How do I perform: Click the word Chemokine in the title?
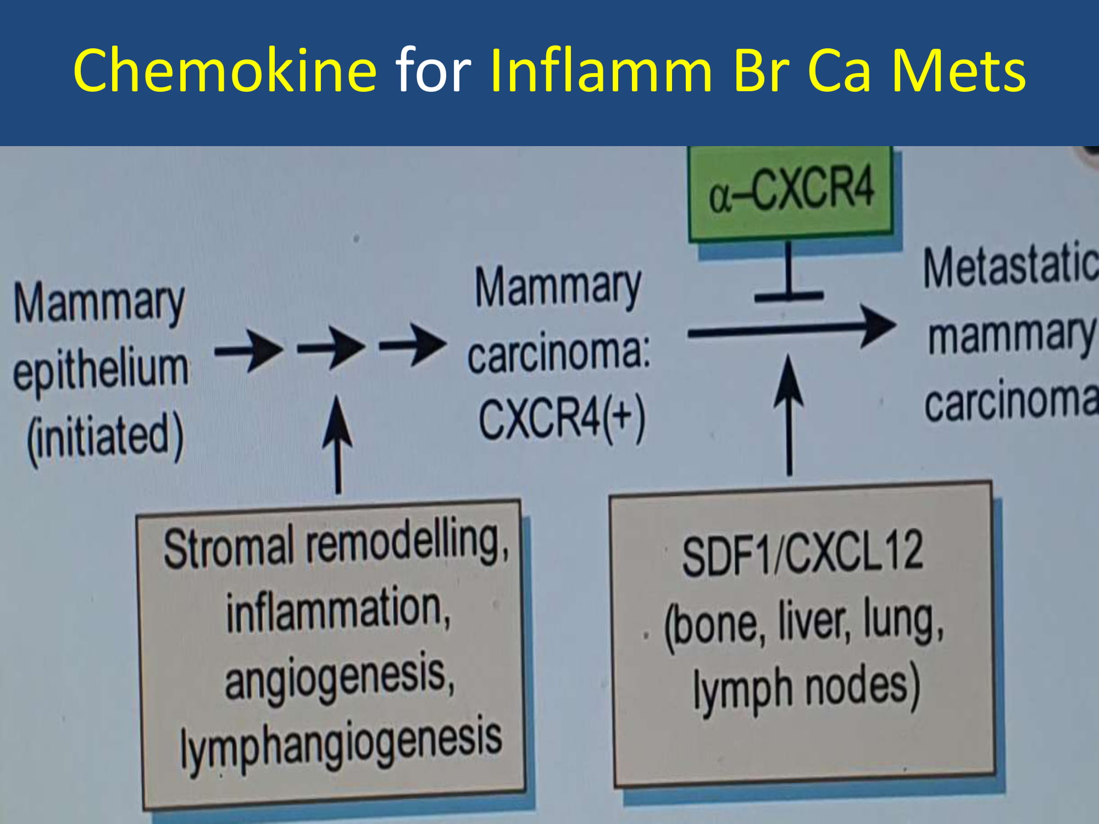(x=225, y=70)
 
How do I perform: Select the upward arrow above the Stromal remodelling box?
(x=337, y=445)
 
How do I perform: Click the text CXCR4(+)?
(x=562, y=419)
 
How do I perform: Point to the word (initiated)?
(x=105, y=437)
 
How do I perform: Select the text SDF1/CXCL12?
(x=802, y=555)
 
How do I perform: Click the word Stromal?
(x=228, y=548)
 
